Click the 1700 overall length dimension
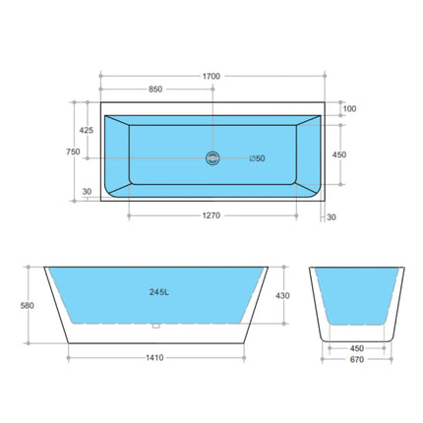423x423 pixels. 211,76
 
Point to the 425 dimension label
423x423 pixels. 88,130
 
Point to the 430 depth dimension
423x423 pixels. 282,295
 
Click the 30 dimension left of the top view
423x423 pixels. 88,192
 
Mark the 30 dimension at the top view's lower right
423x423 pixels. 331,216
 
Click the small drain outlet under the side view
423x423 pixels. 155,326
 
